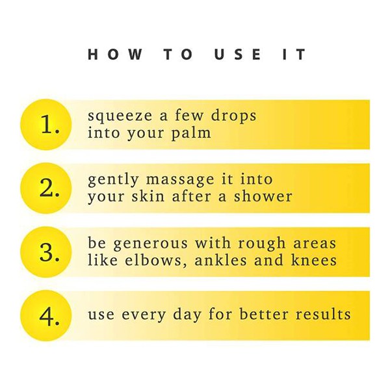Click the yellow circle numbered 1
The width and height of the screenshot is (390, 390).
pos(46,125)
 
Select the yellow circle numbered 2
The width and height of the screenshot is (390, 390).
pos(46,188)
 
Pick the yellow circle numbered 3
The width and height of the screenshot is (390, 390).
pos(46,252)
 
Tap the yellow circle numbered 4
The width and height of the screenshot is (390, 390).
pos(46,316)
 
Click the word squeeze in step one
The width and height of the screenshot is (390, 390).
pos(120,116)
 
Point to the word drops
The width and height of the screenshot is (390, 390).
pos(233,116)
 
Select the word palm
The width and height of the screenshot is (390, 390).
pos(191,133)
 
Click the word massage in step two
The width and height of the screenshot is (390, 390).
pos(180,180)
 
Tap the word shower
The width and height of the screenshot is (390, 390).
pos(263,196)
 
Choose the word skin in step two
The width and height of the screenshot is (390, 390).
pos(148,196)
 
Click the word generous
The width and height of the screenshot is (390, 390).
pos(151,244)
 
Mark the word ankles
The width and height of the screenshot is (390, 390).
pos(220,260)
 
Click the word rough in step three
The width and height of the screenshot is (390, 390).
pos(262,242)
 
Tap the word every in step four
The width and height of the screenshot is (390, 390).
pos(144,315)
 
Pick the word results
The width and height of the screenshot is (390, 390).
pos(323,314)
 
